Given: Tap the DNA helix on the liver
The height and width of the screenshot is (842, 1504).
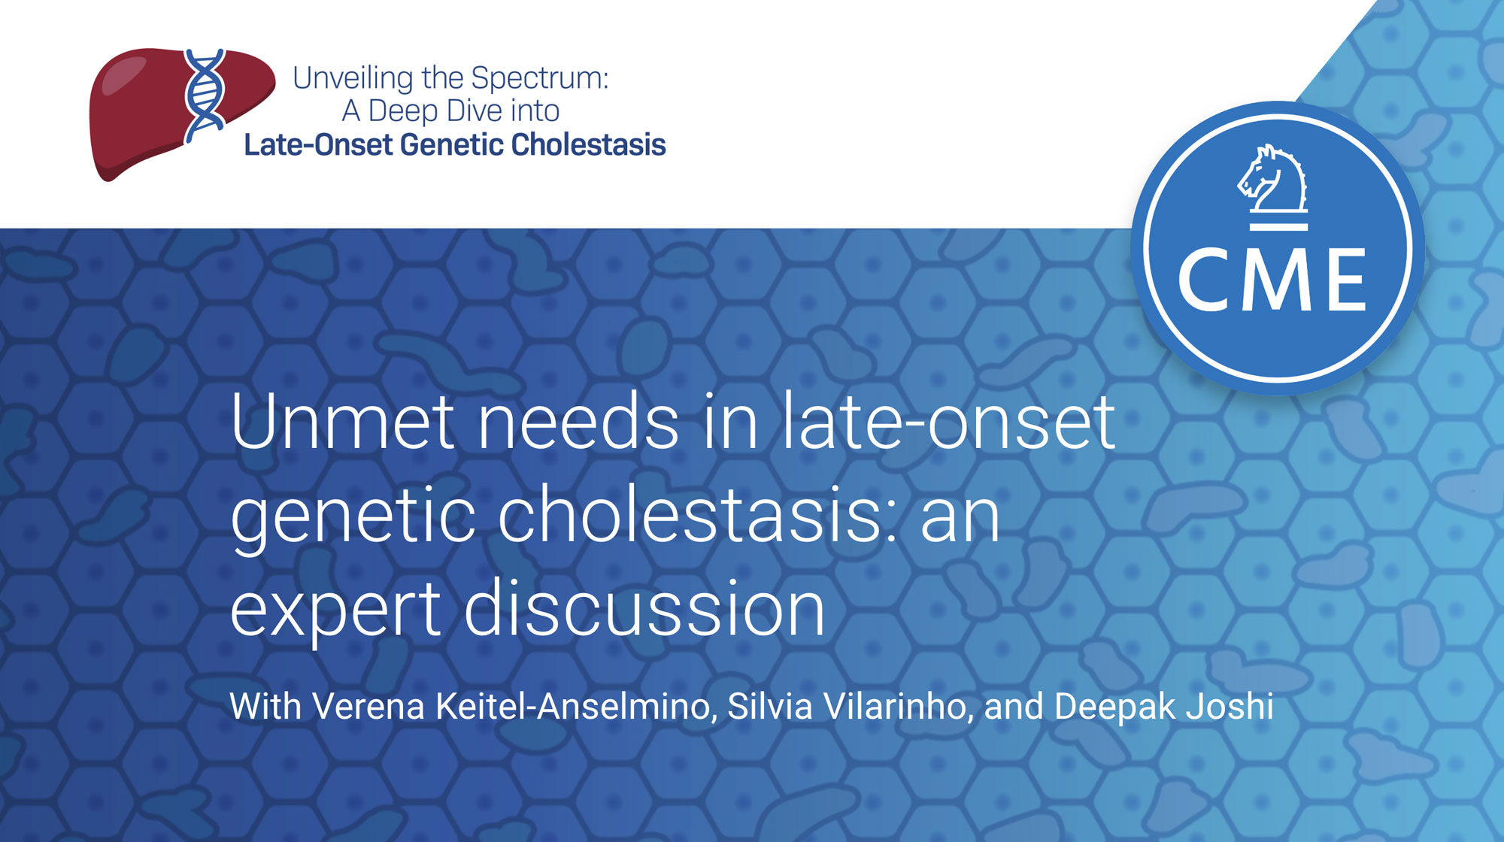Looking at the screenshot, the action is point(205,95).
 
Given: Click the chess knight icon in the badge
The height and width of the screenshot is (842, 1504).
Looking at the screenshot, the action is point(1273,186).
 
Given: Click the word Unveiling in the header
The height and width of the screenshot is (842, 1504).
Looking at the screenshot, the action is point(353,78).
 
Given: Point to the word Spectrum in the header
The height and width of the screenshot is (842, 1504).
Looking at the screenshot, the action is point(539,78).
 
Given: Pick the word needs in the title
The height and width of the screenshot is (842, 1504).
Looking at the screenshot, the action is point(578,423).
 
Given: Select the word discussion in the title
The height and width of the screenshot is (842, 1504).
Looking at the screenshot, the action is point(644,607).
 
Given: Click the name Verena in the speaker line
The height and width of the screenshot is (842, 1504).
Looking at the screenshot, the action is point(368,707).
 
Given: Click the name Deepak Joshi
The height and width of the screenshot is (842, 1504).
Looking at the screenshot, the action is point(1164,707).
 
